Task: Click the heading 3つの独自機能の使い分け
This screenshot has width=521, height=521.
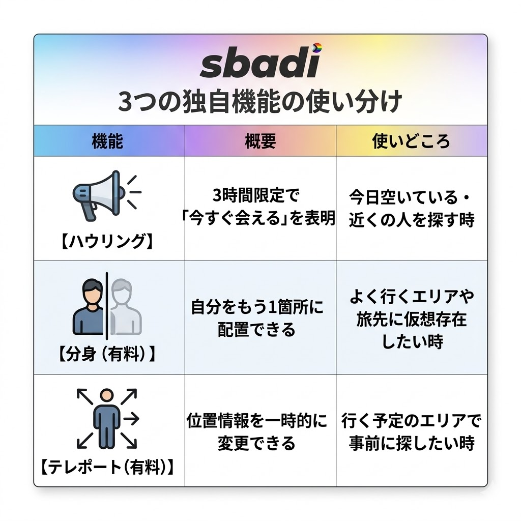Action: click(x=260, y=102)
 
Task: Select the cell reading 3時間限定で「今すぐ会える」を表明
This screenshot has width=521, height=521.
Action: click(x=260, y=207)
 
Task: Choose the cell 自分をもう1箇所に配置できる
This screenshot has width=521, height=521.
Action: click(x=260, y=319)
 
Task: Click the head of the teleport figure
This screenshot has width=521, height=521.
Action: click(x=107, y=395)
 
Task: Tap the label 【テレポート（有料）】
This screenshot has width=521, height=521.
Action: click(x=107, y=467)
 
